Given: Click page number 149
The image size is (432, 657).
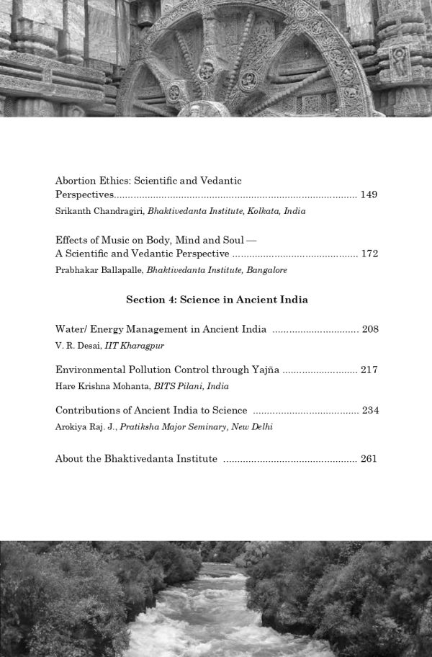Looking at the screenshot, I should click(369, 195).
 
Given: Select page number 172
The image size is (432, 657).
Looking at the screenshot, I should click(369, 254).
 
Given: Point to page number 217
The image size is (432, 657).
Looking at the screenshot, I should click(369, 370).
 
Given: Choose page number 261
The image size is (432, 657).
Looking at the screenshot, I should click(369, 459).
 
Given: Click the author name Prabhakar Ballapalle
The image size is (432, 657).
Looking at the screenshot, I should click(99, 270).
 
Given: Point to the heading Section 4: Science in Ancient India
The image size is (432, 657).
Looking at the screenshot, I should click(217, 300).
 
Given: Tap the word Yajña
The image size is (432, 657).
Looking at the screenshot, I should click(264, 370).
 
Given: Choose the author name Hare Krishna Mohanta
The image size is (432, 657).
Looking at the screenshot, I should click(102, 386).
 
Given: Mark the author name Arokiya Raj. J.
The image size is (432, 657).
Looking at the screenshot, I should click(86, 426).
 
